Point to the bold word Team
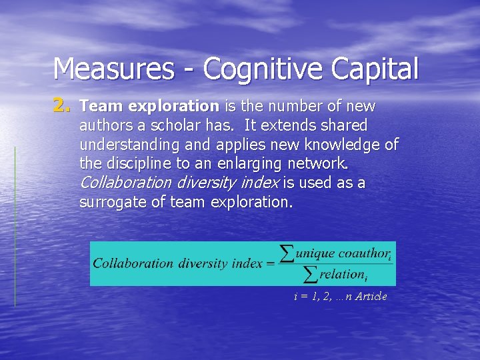coord(101,107)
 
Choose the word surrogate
coord(113,201)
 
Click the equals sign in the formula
coord(270,263)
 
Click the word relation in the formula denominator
coord(341,274)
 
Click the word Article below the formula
coord(371,297)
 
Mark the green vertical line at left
coord(15,227)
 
